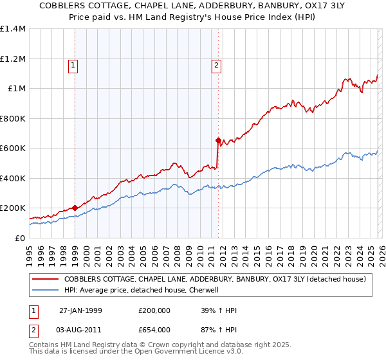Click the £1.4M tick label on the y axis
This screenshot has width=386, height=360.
coord(13,29)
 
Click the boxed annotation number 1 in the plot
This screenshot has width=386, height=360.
coord(73,65)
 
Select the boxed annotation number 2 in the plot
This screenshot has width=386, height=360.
coord(217,65)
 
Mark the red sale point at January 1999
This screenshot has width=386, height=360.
coord(75,208)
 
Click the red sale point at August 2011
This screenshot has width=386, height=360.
coord(218,140)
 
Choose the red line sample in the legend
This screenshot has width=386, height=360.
coord(45,279)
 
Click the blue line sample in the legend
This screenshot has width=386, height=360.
coord(45,290)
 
